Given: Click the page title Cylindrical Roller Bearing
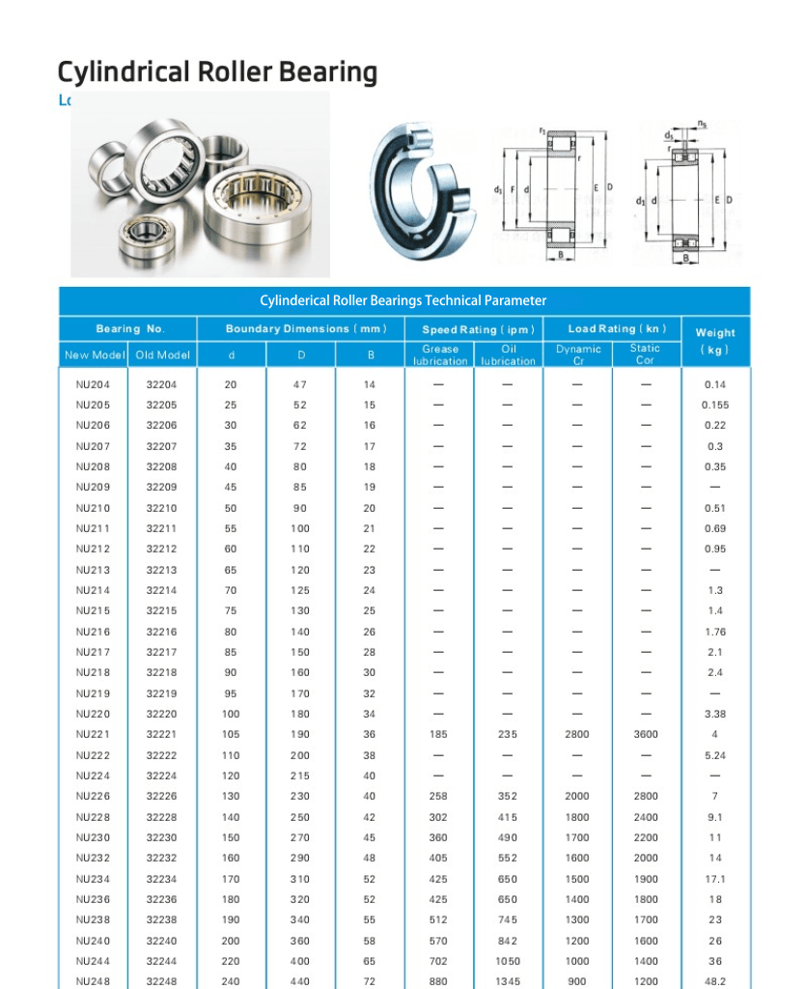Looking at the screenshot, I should point(217,72).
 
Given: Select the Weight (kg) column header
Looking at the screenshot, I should point(714,341).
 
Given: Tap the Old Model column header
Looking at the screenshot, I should point(162,354).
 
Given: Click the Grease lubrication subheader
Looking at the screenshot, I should point(440,354).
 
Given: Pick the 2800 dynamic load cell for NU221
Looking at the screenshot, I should point(577,734).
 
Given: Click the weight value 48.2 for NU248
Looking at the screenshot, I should point(714,981).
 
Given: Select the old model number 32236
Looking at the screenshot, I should point(162,899).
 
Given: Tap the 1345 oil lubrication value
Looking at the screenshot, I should point(508,981).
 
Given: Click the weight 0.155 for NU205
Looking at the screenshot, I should point(714,405).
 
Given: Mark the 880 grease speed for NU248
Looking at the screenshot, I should point(439,981).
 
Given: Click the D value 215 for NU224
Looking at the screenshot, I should point(301,776).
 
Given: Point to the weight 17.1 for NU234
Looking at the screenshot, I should point(714,879).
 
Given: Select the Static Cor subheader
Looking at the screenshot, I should point(645,354).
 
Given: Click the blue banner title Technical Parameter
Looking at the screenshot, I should point(403,300).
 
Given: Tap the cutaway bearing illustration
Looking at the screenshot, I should point(423,193).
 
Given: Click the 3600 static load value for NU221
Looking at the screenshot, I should point(646,734).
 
